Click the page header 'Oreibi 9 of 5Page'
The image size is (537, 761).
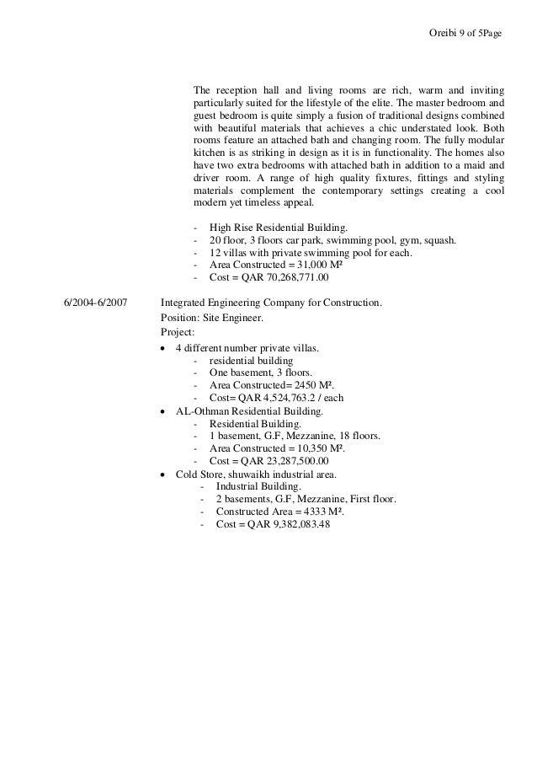click(x=465, y=34)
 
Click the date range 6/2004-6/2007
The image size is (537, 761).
click(x=95, y=301)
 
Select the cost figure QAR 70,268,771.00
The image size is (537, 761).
click(x=286, y=276)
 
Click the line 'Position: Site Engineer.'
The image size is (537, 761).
click(x=211, y=318)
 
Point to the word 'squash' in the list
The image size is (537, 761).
click(x=440, y=240)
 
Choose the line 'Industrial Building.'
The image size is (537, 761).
click(x=258, y=487)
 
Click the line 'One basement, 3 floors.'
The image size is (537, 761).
click(x=260, y=372)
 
